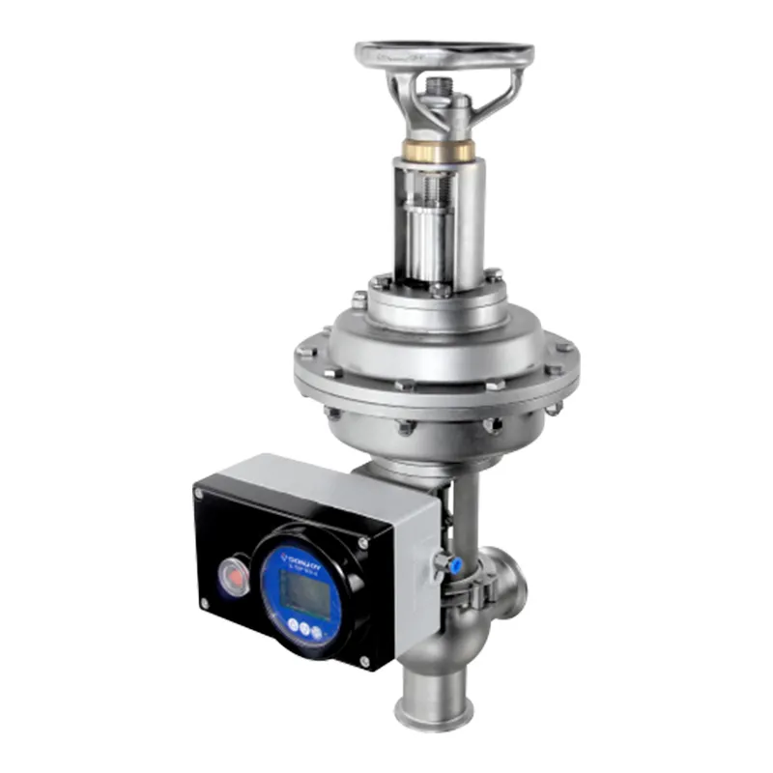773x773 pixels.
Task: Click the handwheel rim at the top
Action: (x=444, y=50)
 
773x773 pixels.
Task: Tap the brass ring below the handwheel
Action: (x=439, y=151)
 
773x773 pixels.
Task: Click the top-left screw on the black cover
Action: (x=200, y=493)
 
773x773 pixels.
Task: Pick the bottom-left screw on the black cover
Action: (x=205, y=604)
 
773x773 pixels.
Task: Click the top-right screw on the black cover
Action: (x=363, y=543)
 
